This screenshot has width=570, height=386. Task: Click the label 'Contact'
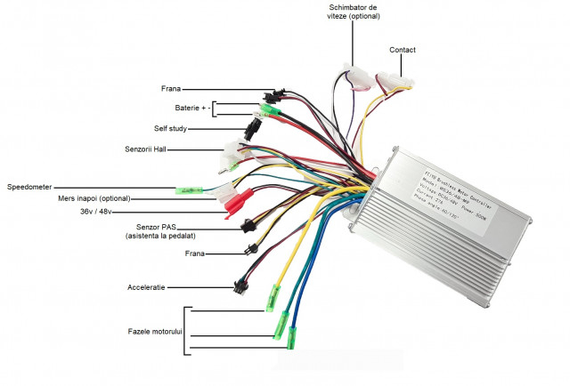click(403, 50)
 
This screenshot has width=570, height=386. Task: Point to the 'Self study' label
click(171, 129)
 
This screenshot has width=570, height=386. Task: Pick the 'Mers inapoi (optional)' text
click(94, 198)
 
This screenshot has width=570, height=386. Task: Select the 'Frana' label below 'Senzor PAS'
click(195, 253)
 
